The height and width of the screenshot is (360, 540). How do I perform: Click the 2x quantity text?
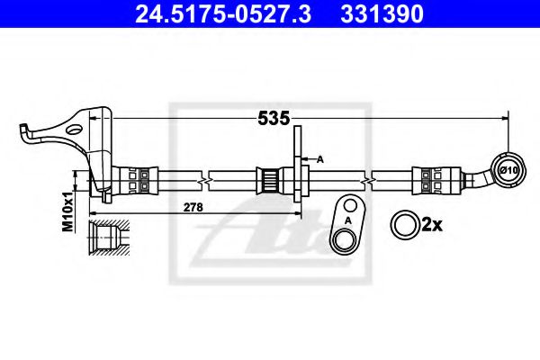[x=431, y=224]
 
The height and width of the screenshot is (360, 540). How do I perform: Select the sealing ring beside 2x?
[x=402, y=223]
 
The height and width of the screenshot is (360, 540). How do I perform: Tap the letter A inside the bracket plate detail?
[x=348, y=219]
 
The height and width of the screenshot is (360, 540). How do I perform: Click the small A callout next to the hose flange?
[x=319, y=159]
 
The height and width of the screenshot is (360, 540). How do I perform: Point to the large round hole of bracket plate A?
[x=343, y=238]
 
